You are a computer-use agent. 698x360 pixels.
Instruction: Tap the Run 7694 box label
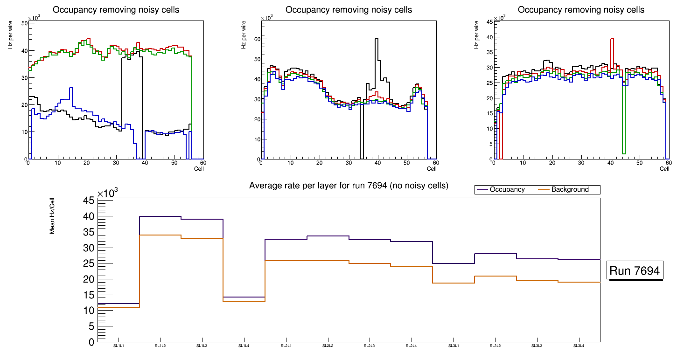pos(635,271)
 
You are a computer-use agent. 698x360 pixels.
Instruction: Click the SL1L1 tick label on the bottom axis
pos(119,346)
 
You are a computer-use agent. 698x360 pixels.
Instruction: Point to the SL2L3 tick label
pos(370,346)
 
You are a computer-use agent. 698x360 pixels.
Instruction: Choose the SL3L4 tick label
pos(579,346)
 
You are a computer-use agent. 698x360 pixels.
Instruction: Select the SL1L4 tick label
pos(244,346)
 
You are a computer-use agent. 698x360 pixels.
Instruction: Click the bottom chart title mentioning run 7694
pos(349,186)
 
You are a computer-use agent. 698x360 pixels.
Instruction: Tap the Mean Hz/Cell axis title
pos(52,219)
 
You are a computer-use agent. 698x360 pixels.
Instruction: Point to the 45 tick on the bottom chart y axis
pos(89,201)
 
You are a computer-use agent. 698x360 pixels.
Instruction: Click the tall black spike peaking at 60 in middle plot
pos(376,40)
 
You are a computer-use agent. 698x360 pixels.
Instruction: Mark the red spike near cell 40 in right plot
pos(612,40)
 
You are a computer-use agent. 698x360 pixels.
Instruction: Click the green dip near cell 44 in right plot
pos(623,152)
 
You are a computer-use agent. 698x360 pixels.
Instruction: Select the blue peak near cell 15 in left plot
pos(70,88)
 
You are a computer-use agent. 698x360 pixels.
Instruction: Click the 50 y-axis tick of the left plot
pos(24,23)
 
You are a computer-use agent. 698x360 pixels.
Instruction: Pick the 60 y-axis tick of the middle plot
pos(257,39)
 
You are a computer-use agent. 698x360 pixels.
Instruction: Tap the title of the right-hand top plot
pos(581,10)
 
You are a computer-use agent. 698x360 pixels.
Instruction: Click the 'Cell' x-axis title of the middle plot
pos(432,169)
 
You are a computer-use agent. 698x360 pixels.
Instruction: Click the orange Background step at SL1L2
pos(161,235)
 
